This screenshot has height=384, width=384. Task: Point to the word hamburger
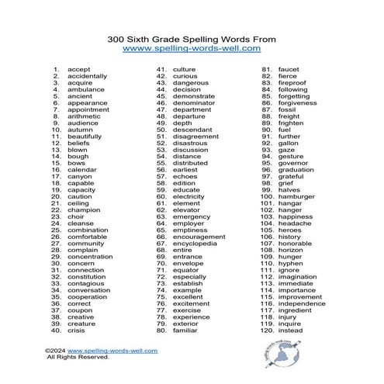pyautogui.click(x=299, y=197)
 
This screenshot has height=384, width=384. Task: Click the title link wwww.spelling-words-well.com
pyautogui.click(x=192, y=48)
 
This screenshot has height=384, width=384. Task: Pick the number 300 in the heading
pyautogui.click(x=116, y=37)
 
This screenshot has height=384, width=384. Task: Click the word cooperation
pyautogui.click(x=88, y=296)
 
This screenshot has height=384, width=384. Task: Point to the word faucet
pyautogui.click(x=289, y=70)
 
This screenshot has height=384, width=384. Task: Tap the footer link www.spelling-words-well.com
pyautogui.click(x=119, y=351)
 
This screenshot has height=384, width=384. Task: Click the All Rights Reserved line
pyautogui.click(x=78, y=358)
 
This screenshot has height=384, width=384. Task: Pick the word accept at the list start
pyautogui.click(x=79, y=70)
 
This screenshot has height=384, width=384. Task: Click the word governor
pyautogui.click(x=295, y=163)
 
